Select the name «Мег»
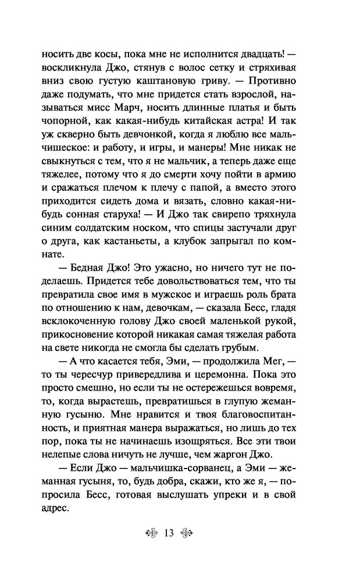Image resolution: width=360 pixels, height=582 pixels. coord(293,378)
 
